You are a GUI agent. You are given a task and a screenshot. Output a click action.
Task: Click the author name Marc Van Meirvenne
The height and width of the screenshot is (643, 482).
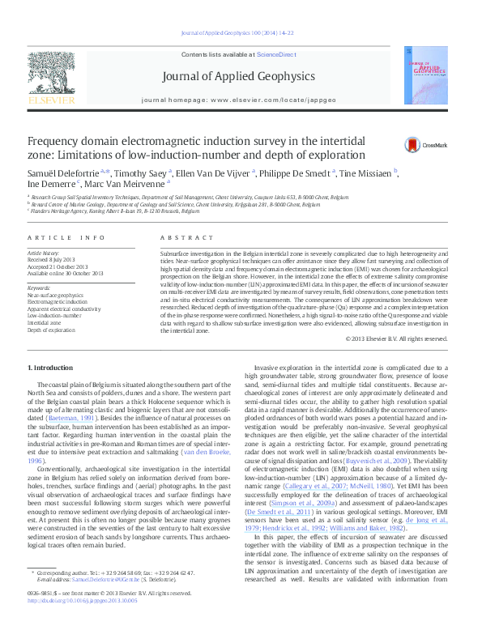click(x=126, y=184)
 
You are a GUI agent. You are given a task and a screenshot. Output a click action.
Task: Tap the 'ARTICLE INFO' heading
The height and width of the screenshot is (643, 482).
click(x=66, y=237)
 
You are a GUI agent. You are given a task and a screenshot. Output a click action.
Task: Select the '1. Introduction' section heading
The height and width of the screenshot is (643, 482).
click(x=50, y=368)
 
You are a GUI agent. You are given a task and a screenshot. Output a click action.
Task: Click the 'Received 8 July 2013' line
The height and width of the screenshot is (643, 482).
click(x=53, y=260)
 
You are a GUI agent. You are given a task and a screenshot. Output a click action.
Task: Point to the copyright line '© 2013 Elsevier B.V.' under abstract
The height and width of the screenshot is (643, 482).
click(x=395, y=339)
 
